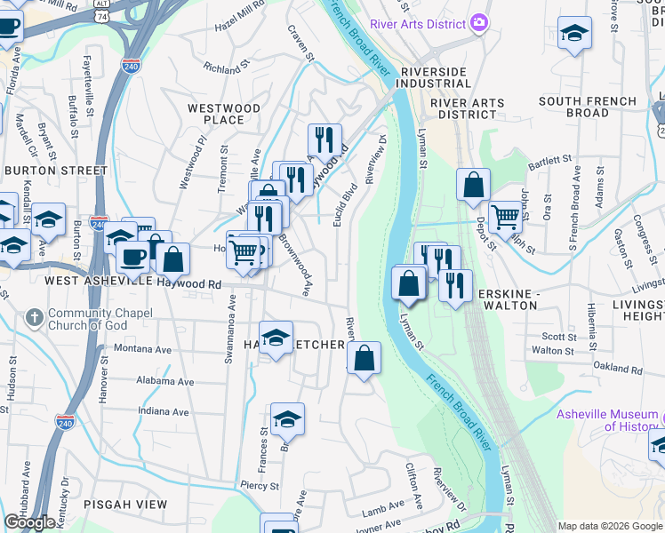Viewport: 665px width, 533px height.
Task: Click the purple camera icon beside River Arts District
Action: coord(479,21)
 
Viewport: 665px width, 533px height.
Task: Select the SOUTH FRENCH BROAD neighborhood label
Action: coord(587,107)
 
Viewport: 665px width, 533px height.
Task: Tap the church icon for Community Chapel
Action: coord(34,317)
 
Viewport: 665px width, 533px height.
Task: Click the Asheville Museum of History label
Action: coord(609,420)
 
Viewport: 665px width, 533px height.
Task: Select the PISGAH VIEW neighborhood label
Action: coord(125,504)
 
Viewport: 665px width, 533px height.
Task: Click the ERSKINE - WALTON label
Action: coord(509,298)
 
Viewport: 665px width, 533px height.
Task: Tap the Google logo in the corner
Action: coord(29,522)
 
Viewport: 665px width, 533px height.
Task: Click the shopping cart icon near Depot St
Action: coord(505,216)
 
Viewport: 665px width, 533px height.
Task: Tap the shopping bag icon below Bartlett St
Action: coord(474,185)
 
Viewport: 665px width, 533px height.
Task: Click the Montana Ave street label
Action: coord(141,350)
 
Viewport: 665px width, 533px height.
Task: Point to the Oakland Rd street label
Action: coord(617,368)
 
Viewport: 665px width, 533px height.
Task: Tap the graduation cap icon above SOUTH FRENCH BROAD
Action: coord(575,34)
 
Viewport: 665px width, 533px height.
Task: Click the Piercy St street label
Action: coord(260,486)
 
